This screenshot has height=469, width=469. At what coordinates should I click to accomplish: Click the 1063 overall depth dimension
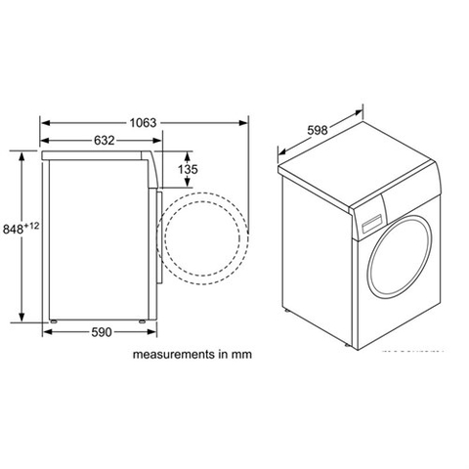tap(144, 123)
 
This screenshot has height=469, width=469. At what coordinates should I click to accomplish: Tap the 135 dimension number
tap(189, 170)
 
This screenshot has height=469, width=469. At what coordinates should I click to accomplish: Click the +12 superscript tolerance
tap(32, 226)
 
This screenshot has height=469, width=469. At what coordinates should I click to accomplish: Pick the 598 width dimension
tap(312, 130)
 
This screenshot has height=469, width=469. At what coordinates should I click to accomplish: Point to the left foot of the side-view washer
tap(55, 320)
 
